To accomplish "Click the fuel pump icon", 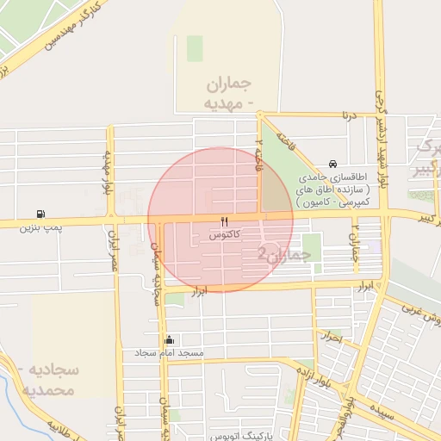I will (40, 214).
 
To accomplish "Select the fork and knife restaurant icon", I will (225, 221).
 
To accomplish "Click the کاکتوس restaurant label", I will (224, 234).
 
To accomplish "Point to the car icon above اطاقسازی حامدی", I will (333, 165).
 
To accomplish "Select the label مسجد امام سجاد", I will (169, 353).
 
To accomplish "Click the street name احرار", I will (330, 339).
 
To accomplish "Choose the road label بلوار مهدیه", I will (109, 172).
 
